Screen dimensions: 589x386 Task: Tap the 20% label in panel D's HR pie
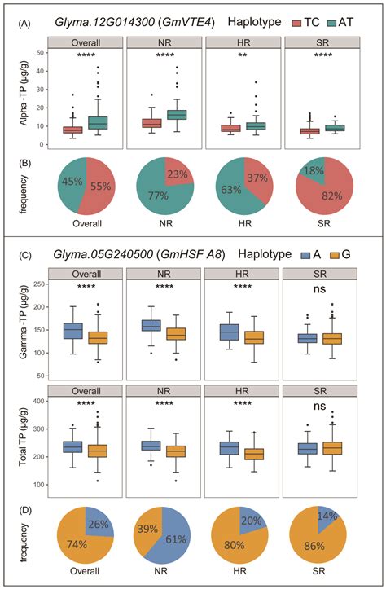click(x=253, y=521)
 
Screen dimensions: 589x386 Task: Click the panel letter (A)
click(x=26, y=25)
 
